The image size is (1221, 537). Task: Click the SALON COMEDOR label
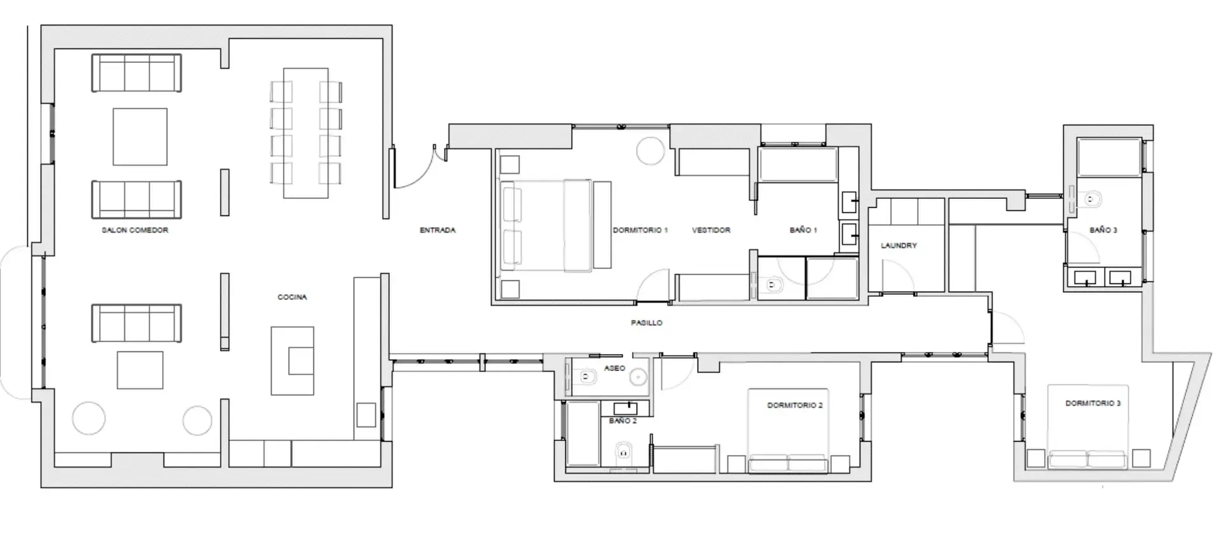tap(135, 230)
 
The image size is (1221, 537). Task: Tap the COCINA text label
tap(292, 297)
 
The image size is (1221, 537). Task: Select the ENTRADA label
tap(438, 230)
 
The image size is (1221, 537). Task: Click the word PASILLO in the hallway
tap(646, 323)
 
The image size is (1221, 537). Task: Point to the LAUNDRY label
tap(899, 245)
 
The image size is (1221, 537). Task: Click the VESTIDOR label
tap(711, 230)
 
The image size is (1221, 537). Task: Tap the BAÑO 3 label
tap(1103, 230)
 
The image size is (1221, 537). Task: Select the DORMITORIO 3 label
tap(1093, 403)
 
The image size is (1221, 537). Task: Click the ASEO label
tap(614, 368)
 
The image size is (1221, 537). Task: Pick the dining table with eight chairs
tap(306, 132)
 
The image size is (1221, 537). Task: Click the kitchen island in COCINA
tap(293, 360)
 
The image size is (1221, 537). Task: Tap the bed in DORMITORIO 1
tap(553, 226)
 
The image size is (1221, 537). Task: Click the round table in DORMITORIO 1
tap(650, 151)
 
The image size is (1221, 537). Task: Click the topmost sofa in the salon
tap(137, 73)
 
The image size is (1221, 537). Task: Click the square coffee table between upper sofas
tap(140, 137)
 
